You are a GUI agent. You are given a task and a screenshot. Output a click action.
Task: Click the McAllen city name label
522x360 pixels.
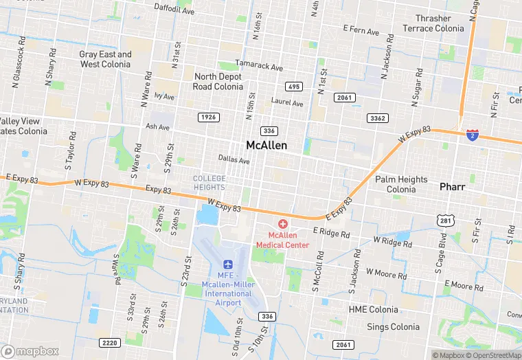tap(266, 146)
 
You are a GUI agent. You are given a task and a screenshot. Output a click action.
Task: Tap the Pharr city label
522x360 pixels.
tap(453, 187)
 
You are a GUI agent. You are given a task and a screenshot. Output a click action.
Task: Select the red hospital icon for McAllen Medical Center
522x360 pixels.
tap(282, 225)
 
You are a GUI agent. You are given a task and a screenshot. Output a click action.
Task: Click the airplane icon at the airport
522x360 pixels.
tap(229, 264)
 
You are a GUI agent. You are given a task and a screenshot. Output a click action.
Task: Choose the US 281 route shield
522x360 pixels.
tap(444, 218)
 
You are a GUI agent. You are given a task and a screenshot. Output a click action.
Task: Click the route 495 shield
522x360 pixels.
tap(294, 87)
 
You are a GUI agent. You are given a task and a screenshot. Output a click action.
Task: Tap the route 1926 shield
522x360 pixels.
tap(208, 117)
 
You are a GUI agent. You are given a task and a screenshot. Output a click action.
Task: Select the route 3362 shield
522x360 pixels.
tap(378, 118)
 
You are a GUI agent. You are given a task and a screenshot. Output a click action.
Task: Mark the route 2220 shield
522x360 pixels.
tap(109, 342)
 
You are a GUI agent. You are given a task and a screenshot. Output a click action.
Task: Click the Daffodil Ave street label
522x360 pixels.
tap(175, 10)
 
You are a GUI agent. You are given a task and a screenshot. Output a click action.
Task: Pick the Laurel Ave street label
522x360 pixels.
tap(287, 103)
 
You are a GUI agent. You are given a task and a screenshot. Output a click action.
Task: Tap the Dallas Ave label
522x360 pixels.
tap(234, 160)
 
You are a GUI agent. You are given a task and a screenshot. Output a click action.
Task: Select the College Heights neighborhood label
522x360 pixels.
tap(209, 183)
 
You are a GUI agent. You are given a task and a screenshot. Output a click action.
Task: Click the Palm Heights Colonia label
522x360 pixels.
tap(402, 184)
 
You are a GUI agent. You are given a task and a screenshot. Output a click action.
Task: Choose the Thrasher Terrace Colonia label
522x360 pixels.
tap(433, 23)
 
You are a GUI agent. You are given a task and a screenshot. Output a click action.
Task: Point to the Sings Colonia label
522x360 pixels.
tap(393, 327)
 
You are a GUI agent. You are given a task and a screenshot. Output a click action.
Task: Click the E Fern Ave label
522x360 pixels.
tap(361, 31)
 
